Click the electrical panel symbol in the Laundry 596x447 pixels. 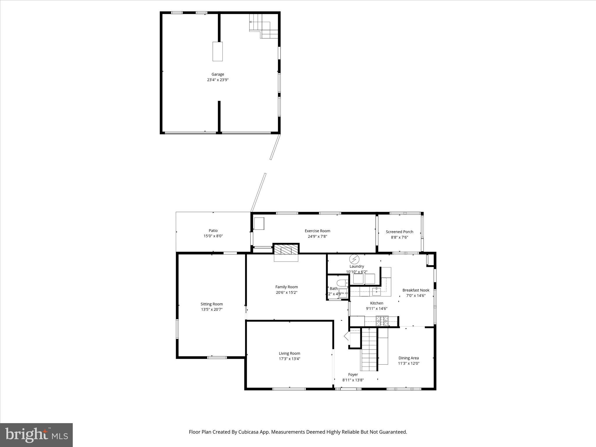click(x=354, y=259)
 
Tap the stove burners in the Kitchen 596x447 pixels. click(x=382, y=321)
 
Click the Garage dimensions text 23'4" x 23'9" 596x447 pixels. click(x=218, y=80)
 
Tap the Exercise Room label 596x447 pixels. click(x=317, y=231)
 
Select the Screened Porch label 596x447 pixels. click(x=399, y=232)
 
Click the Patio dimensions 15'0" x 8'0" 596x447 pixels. click(x=213, y=236)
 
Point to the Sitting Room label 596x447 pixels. click(x=212, y=304)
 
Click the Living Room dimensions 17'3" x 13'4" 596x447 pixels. click(x=289, y=359)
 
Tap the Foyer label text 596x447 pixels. click(x=353, y=375)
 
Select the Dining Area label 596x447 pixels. click(x=409, y=358)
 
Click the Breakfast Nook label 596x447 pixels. click(x=416, y=290)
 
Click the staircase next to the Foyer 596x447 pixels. click(x=369, y=349)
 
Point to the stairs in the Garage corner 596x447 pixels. click(x=264, y=26)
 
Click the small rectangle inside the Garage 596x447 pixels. click(x=217, y=51)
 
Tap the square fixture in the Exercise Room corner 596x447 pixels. click(x=259, y=223)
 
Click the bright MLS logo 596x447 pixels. click(x=36, y=435)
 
